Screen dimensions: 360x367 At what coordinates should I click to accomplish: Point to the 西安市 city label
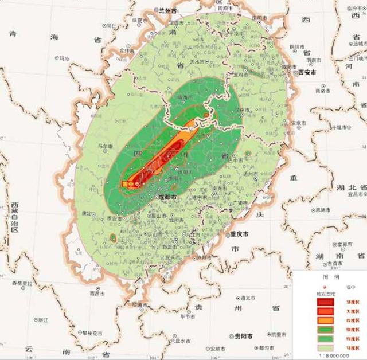coord(307,73)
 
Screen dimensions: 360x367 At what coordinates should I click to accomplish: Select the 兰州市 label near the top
coord(169,10)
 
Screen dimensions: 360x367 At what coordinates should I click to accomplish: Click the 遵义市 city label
coord(248,298)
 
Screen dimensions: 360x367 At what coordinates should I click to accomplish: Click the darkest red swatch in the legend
coord(325,301)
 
